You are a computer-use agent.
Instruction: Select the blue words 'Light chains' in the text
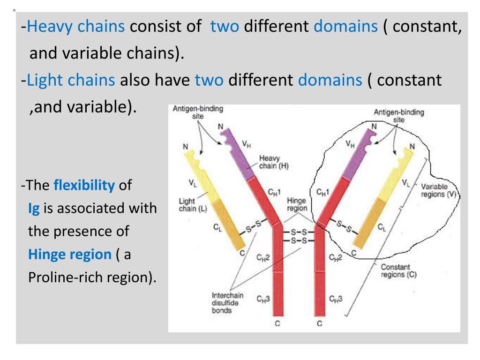coord(71,80)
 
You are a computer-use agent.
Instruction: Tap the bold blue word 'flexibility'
coord(84,185)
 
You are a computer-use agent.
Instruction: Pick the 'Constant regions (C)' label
coord(399,271)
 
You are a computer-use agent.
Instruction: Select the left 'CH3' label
coord(262,299)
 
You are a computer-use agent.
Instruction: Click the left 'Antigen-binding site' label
coord(198,113)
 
